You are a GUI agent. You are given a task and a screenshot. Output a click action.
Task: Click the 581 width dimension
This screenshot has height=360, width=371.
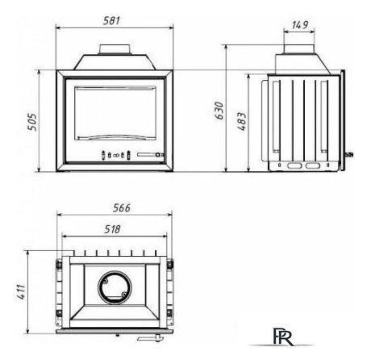(x=111, y=21)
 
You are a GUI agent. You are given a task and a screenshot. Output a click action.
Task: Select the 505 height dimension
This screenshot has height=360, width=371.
(x=32, y=122)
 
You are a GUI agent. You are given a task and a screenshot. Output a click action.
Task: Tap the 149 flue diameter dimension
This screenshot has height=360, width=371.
(x=300, y=25)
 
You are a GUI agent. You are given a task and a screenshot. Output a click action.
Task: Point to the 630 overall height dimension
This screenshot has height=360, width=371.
(x=219, y=111)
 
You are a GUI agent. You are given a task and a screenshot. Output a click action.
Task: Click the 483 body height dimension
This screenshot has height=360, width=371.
(x=242, y=121)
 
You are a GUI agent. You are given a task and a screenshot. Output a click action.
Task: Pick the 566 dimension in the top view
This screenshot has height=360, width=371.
(x=122, y=208)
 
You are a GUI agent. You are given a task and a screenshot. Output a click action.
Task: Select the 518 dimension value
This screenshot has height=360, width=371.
(x=112, y=229)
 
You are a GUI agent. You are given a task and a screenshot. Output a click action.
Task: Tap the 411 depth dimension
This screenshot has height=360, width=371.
(x=21, y=292)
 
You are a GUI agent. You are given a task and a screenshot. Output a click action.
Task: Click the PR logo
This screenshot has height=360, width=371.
(x=283, y=337)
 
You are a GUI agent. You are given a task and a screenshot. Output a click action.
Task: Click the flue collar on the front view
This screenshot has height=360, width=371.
(x=115, y=50)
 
